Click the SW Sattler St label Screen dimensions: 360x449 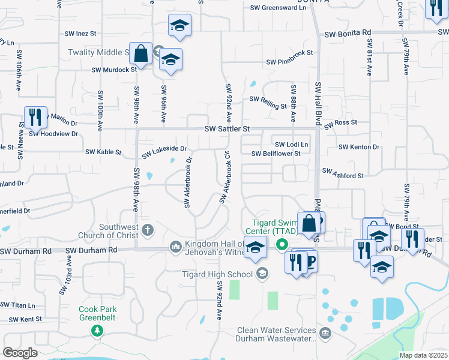(x=226, y=129)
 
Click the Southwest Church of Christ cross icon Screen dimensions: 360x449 (x=148, y=229)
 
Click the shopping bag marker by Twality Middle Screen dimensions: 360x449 (x=140, y=53)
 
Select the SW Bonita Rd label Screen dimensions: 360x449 (x=348, y=34)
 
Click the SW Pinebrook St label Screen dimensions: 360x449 (x=290, y=62)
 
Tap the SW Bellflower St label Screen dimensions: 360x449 (x=276, y=154)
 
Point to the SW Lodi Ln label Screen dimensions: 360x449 (x=291, y=145)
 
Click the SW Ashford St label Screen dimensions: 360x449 (x=343, y=172)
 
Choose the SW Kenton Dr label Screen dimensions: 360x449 (x=359, y=147)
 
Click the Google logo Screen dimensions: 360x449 (x=20, y=352)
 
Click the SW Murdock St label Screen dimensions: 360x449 (x=114, y=70)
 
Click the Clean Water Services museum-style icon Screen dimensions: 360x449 (x=325, y=333)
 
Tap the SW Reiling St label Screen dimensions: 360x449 (x=268, y=103)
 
